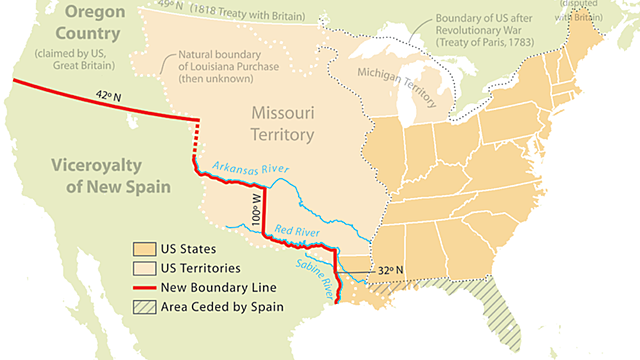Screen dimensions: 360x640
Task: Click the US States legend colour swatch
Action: coord(144,249)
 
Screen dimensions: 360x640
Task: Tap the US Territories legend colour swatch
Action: coord(144,268)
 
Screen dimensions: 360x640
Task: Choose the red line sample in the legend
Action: coord(144,288)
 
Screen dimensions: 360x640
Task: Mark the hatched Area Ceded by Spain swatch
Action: coord(144,307)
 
